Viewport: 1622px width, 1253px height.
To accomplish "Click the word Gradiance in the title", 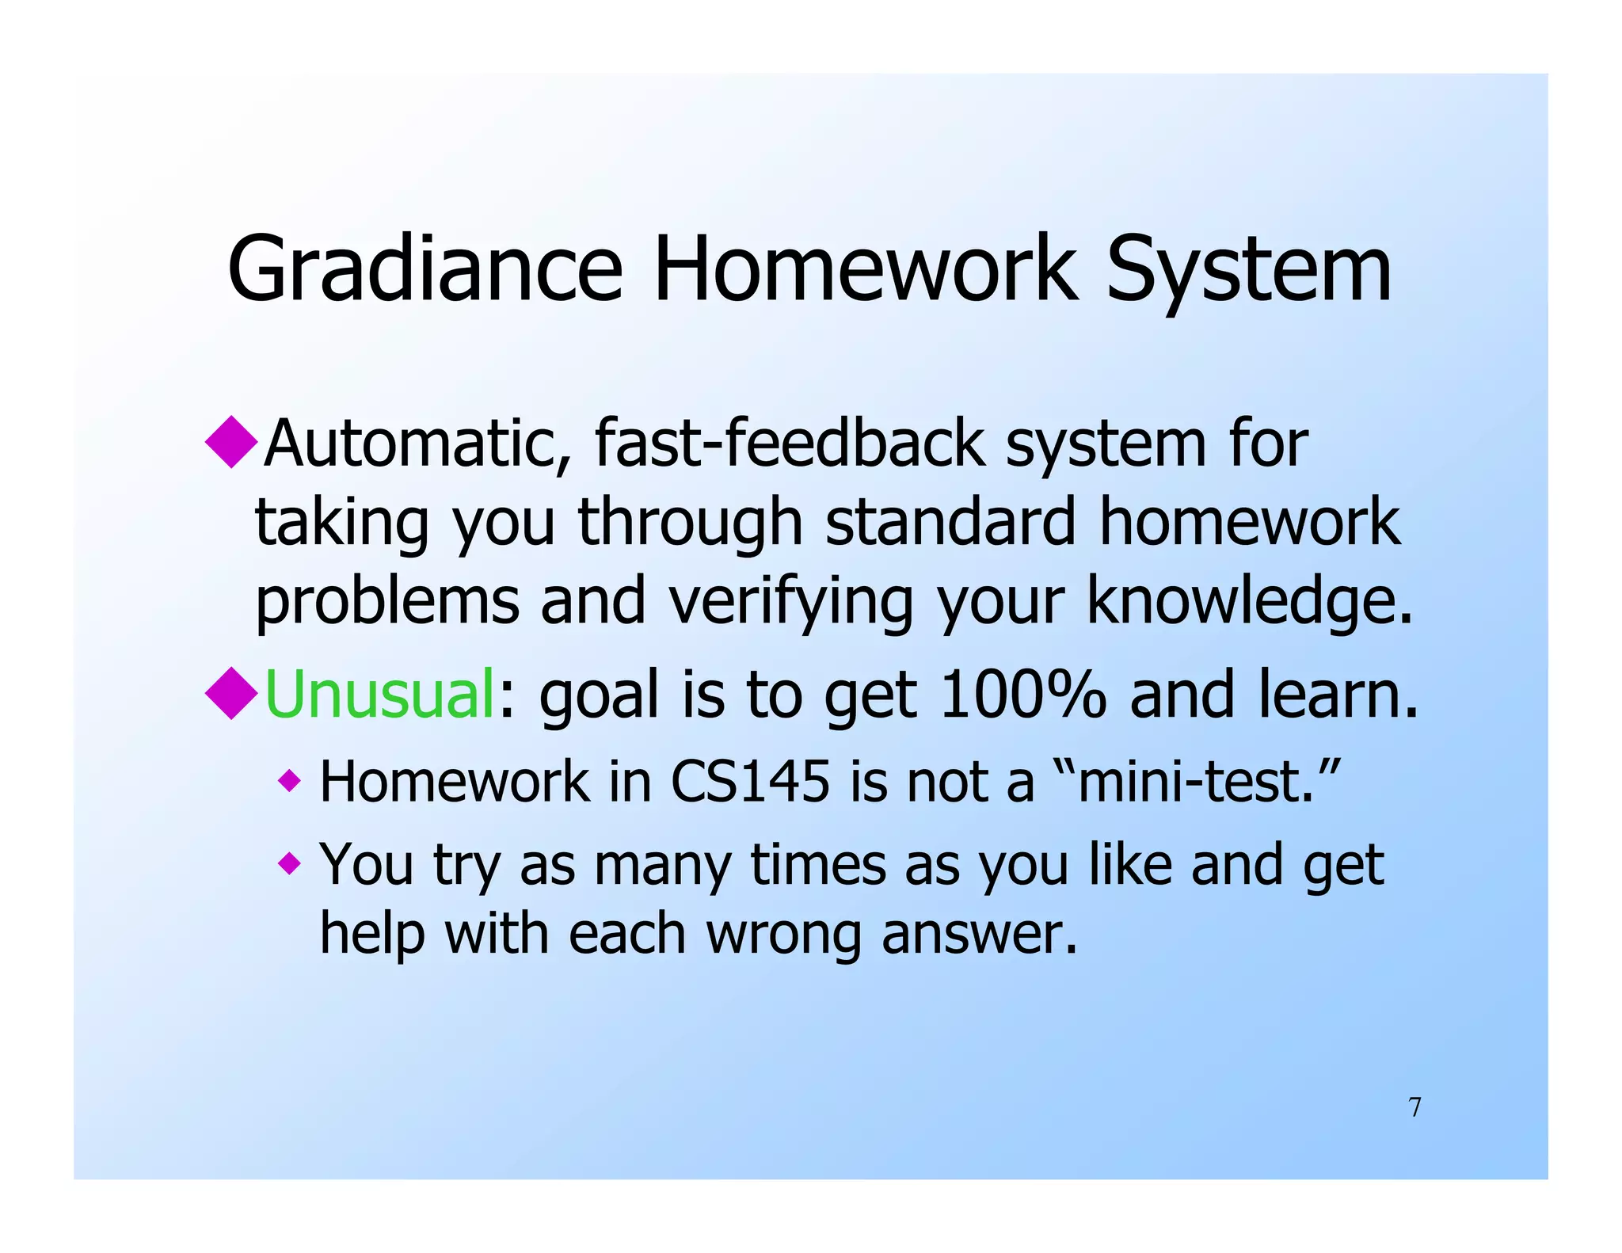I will click(x=425, y=269).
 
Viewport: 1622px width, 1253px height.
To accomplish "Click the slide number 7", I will click(x=1414, y=1107).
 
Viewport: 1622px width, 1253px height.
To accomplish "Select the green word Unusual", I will click(x=379, y=695).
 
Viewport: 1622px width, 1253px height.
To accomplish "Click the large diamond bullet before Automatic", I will click(x=231, y=441).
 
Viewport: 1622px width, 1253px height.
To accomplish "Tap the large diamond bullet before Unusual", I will click(x=231, y=693).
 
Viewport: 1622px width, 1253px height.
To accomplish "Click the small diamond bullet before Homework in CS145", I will click(x=290, y=782).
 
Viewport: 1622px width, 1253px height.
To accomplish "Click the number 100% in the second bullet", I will click(x=1022, y=695).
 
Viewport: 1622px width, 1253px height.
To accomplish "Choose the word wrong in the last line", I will click(x=783, y=935).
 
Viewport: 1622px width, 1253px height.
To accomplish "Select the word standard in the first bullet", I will click(x=950, y=523).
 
